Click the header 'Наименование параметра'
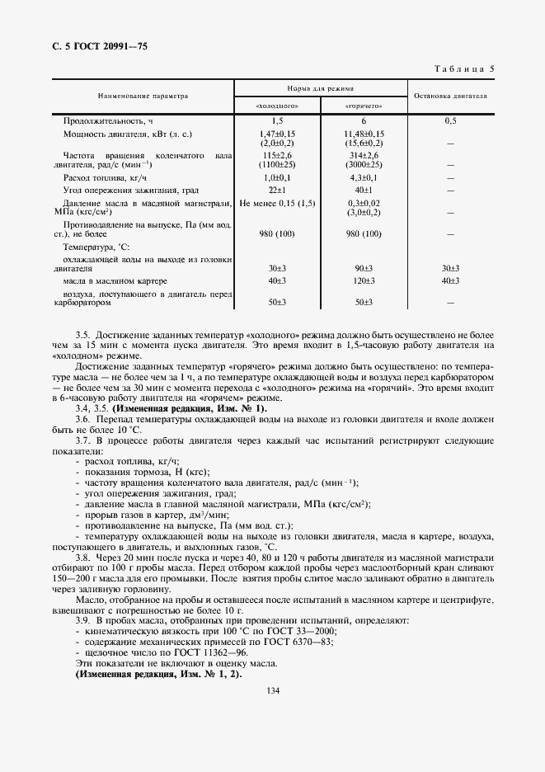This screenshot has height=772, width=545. tap(143, 96)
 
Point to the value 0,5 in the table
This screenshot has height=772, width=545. tap(450, 120)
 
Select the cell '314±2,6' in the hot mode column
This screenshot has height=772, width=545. tap(364, 155)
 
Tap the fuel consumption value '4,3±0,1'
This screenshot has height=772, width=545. tap(364, 177)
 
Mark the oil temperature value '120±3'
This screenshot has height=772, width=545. tap(364, 281)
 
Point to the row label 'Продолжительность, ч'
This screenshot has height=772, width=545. tap(108, 120)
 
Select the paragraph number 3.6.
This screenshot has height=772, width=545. tap(82, 419)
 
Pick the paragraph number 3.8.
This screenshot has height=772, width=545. tap(82, 558)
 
